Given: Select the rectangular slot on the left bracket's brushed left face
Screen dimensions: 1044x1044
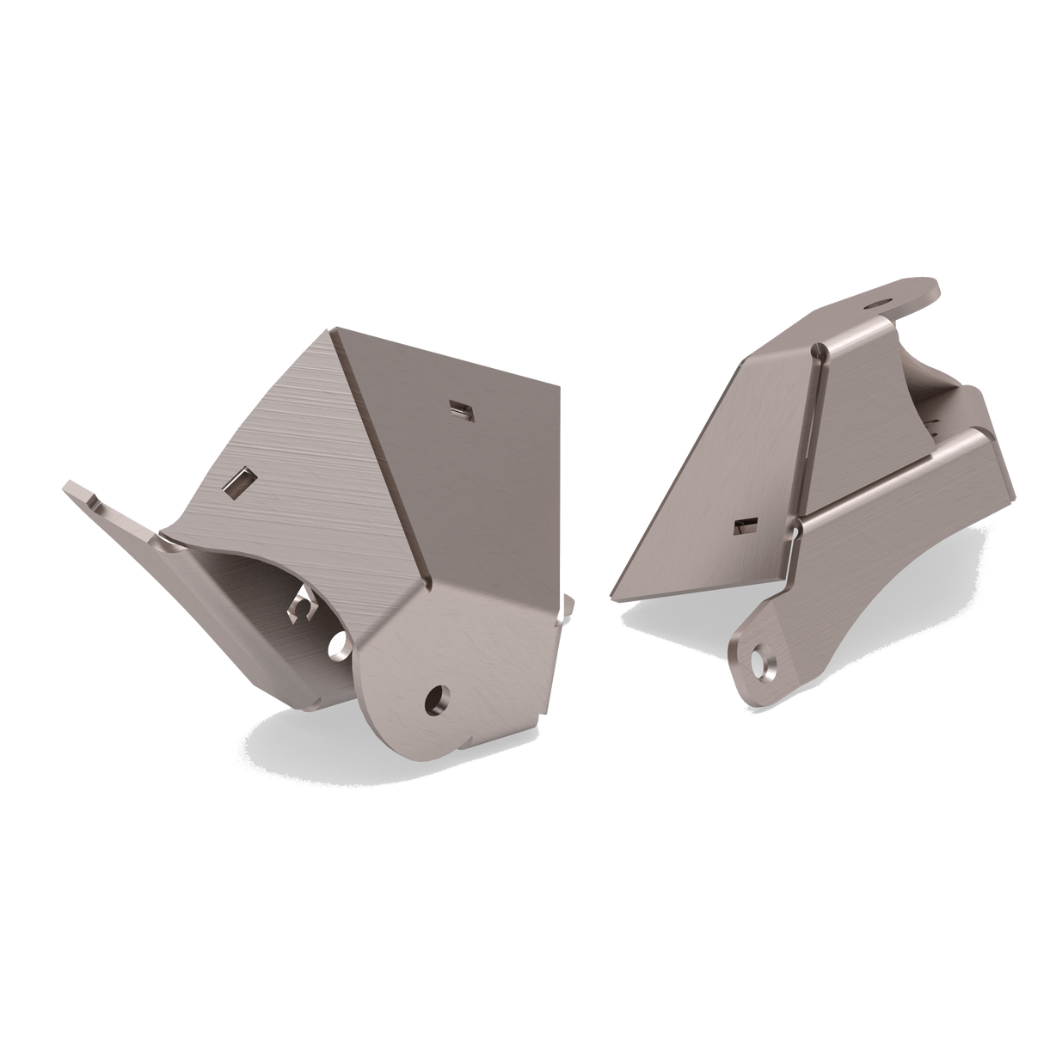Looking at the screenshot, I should (x=238, y=482).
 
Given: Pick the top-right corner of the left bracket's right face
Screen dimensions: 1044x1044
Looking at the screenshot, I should (x=561, y=384).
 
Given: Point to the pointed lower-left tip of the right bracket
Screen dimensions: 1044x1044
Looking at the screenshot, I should (x=611, y=598).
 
